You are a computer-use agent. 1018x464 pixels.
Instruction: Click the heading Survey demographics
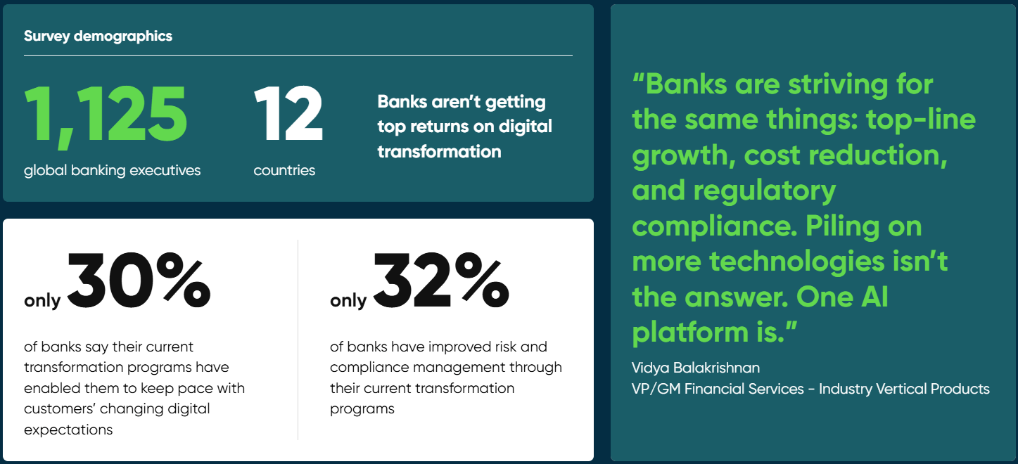tap(98, 37)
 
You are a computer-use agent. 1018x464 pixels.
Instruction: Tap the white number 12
tap(288, 113)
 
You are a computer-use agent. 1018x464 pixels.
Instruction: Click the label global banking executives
tap(113, 171)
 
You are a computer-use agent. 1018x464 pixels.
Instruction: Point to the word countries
tap(284, 171)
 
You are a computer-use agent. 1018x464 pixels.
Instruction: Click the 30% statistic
tap(139, 281)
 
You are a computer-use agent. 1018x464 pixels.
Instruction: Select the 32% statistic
tap(441, 281)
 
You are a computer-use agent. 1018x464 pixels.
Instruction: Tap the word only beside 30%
tap(42, 301)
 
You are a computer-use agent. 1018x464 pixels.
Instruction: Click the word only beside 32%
tap(348, 301)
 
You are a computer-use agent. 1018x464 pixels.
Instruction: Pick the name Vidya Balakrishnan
tap(695, 368)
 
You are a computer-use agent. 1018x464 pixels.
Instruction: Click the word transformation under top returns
tap(439, 152)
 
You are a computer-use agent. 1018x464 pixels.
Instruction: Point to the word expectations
tap(68, 430)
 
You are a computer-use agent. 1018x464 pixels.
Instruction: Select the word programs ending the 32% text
tap(362, 409)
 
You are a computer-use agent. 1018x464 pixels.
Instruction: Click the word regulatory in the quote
tap(765, 191)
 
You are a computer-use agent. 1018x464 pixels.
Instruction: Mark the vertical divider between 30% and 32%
tap(298, 340)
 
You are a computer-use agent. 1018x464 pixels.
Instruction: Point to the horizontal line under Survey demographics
tap(298, 56)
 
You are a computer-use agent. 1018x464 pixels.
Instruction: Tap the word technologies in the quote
tap(796, 262)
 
